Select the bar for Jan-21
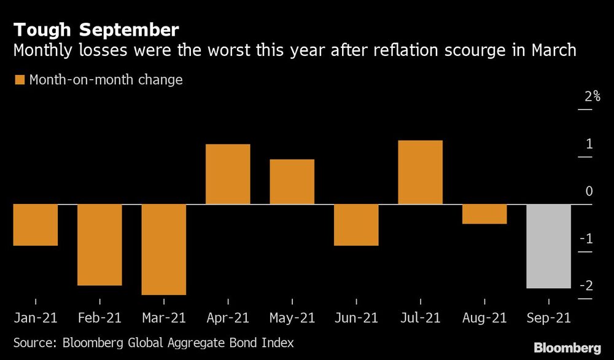click(x=36, y=225)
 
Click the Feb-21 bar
click(x=99, y=245)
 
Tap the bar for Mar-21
click(x=163, y=249)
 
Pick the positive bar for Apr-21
click(x=228, y=174)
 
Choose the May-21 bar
click(x=292, y=182)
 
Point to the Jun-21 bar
click(x=356, y=225)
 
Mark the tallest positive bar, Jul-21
click(x=420, y=173)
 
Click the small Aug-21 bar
click(x=484, y=214)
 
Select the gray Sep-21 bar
click(x=548, y=246)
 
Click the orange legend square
click(x=19, y=80)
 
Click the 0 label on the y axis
click(x=589, y=192)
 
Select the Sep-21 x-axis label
click(x=548, y=318)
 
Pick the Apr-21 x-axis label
click(x=228, y=318)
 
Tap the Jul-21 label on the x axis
click(x=420, y=318)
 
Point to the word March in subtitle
click(x=551, y=50)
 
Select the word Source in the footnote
click(x=34, y=342)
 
